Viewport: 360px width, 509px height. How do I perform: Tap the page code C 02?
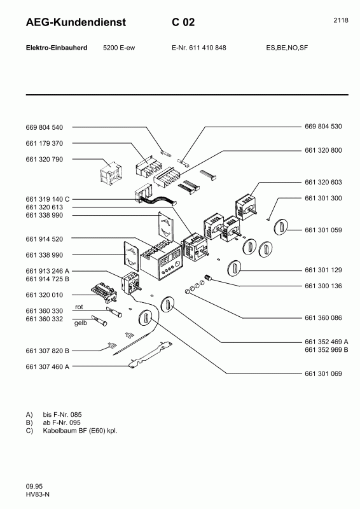pyautogui.click(x=183, y=23)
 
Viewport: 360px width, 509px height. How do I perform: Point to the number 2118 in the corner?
pyautogui.click(x=340, y=20)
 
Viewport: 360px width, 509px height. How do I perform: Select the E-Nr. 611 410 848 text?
pyautogui.click(x=199, y=48)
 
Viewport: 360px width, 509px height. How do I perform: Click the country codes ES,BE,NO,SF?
pyautogui.click(x=287, y=48)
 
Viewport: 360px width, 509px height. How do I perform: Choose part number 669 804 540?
pyautogui.click(x=49, y=127)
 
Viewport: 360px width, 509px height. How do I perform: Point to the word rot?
pyautogui.click(x=80, y=307)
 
